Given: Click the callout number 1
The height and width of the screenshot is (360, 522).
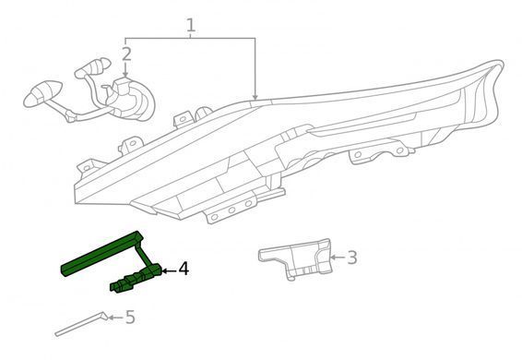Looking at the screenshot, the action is click(190, 25).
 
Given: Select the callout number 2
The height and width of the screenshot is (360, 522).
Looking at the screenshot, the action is click(126, 54).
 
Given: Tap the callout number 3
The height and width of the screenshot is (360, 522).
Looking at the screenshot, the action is click(352, 258).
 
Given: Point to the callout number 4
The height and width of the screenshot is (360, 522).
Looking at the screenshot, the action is click(184, 269).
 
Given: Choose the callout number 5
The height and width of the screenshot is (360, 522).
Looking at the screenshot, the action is click(130, 317).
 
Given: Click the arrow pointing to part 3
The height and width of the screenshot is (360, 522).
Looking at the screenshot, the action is click(338, 258).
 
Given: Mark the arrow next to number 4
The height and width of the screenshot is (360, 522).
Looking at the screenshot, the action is click(169, 271).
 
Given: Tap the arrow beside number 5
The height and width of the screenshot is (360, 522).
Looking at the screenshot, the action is click(116, 318).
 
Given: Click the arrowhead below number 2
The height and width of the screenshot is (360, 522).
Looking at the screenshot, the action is click(125, 74).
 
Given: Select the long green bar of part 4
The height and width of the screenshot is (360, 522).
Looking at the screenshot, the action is click(101, 254).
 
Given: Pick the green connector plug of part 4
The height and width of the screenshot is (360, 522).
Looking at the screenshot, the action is click(136, 278).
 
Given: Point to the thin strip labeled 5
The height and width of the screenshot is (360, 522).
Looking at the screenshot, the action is click(81, 324).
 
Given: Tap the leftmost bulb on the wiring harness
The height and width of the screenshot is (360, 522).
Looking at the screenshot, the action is click(42, 93).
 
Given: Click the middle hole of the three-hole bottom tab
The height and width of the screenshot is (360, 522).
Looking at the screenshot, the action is click(231, 210).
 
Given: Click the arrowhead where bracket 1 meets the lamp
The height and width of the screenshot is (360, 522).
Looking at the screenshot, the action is click(255, 97).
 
